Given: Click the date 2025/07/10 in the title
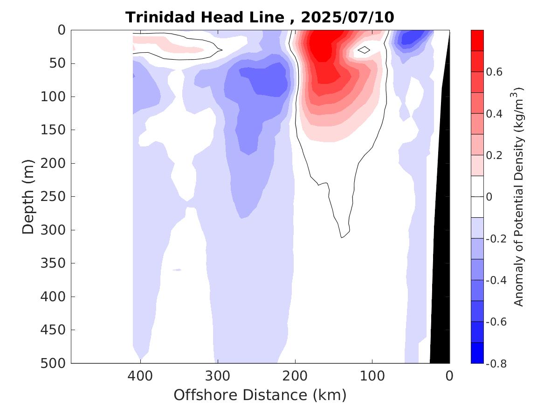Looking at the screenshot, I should coord(348,18).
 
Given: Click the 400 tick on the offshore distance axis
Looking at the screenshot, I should coord(140,375).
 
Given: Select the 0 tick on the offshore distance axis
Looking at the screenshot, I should coord(449,375).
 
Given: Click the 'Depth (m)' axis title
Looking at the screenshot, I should coord(28,196).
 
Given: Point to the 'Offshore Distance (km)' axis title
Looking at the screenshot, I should coord(260,395).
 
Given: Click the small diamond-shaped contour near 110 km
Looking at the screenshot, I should coord(364,49).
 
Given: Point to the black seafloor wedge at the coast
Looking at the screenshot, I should coord(440,280).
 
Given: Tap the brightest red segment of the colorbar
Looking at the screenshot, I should coord(477,40).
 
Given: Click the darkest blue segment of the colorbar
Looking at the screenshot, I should coord(477,353).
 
